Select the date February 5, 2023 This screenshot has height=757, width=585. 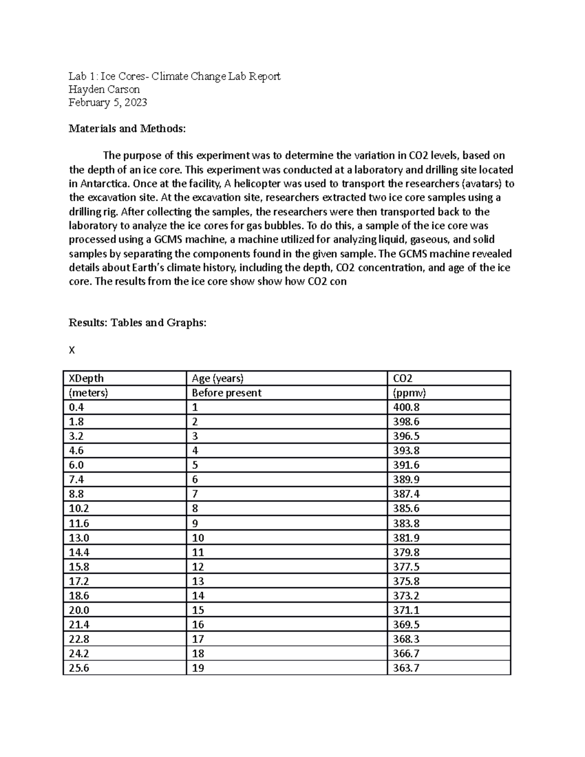click(x=108, y=102)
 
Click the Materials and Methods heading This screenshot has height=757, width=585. click(x=127, y=129)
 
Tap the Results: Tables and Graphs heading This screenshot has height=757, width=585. click(x=137, y=323)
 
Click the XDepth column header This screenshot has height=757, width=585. click(x=86, y=378)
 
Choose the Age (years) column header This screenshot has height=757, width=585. click(x=217, y=378)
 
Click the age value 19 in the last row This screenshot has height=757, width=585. click(x=198, y=668)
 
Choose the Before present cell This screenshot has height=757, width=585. click(x=226, y=393)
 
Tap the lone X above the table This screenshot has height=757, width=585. click(x=72, y=350)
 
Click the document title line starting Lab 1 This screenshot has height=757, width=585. click(x=175, y=76)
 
